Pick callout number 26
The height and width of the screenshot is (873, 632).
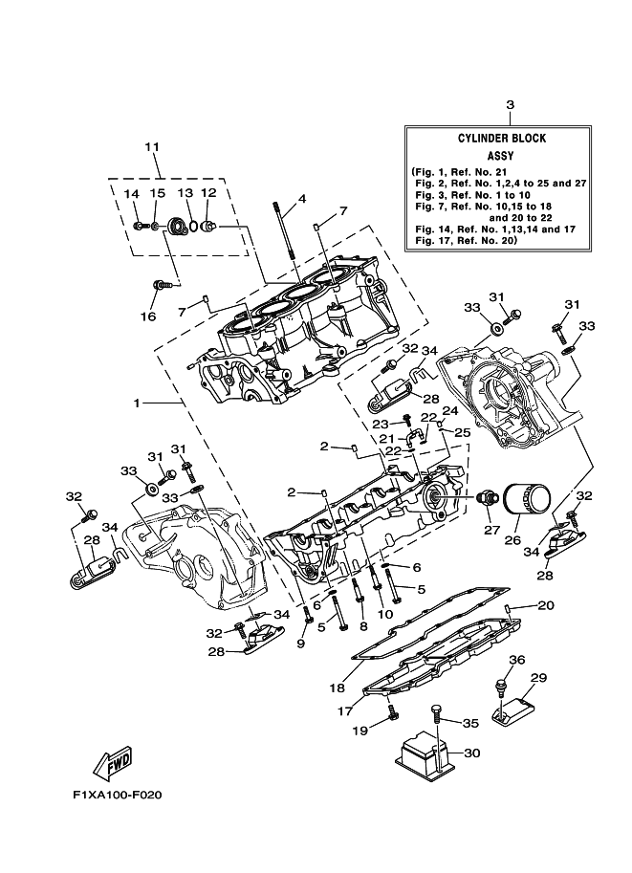512,539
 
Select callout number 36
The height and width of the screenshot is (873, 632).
516,660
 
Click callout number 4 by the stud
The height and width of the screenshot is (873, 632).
301,200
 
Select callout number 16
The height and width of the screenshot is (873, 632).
148,316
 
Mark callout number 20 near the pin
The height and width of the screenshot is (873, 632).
545,605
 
